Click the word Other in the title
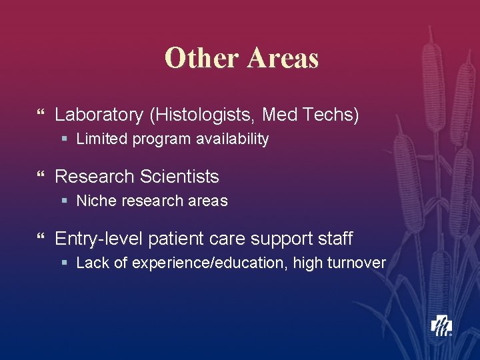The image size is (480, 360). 202,58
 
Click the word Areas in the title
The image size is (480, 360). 283,58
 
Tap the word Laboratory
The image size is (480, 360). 99,115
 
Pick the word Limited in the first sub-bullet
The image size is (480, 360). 100,139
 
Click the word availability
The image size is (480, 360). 231,139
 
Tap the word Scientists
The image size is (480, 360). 179,177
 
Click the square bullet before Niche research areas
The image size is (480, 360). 64,201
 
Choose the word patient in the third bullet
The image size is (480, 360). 175,238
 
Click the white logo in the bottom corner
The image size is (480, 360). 441,325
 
